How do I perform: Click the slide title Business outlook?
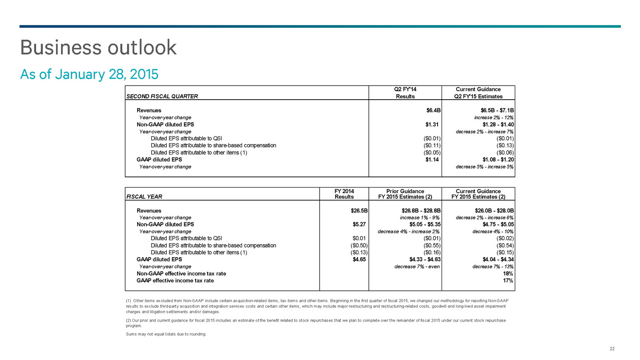pyautogui.click(x=98, y=48)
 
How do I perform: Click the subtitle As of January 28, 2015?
pyautogui.click(x=89, y=74)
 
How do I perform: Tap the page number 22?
pyautogui.click(x=612, y=349)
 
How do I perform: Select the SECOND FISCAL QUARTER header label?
pyautogui.click(x=162, y=96)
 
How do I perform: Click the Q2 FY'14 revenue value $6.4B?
pyautogui.click(x=433, y=110)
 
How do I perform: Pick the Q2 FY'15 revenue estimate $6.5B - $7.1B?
pyautogui.click(x=497, y=110)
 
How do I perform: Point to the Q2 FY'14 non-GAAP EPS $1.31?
pyautogui.click(x=432, y=124)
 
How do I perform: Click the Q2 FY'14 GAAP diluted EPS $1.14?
pyautogui.click(x=432, y=160)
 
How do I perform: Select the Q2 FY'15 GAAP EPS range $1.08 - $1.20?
pyautogui.click(x=498, y=160)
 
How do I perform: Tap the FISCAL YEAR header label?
pyautogui.click(x=144, y=197)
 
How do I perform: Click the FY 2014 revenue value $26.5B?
pyautogui.click(x=359, y=211)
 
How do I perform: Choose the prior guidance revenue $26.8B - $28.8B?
pyautogui.click(x=421, y=211)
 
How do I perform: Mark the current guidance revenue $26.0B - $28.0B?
pyautogui.click(x=494, y=211)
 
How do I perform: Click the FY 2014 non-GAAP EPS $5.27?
pyautogui.click(x=359, y=224)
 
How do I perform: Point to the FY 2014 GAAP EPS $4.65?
pyautogui.click(x=359, y=259)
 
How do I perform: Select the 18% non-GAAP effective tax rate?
pyautogui.click(x=508, y=274)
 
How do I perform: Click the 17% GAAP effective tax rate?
pyautogui.click(x=508, y=280)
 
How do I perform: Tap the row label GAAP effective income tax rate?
pyautogui.click(x=175, y=280)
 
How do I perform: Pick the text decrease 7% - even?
pyautogui.click(x=417, y=266)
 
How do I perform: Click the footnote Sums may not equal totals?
pyautogui.click(x=166, y=334)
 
